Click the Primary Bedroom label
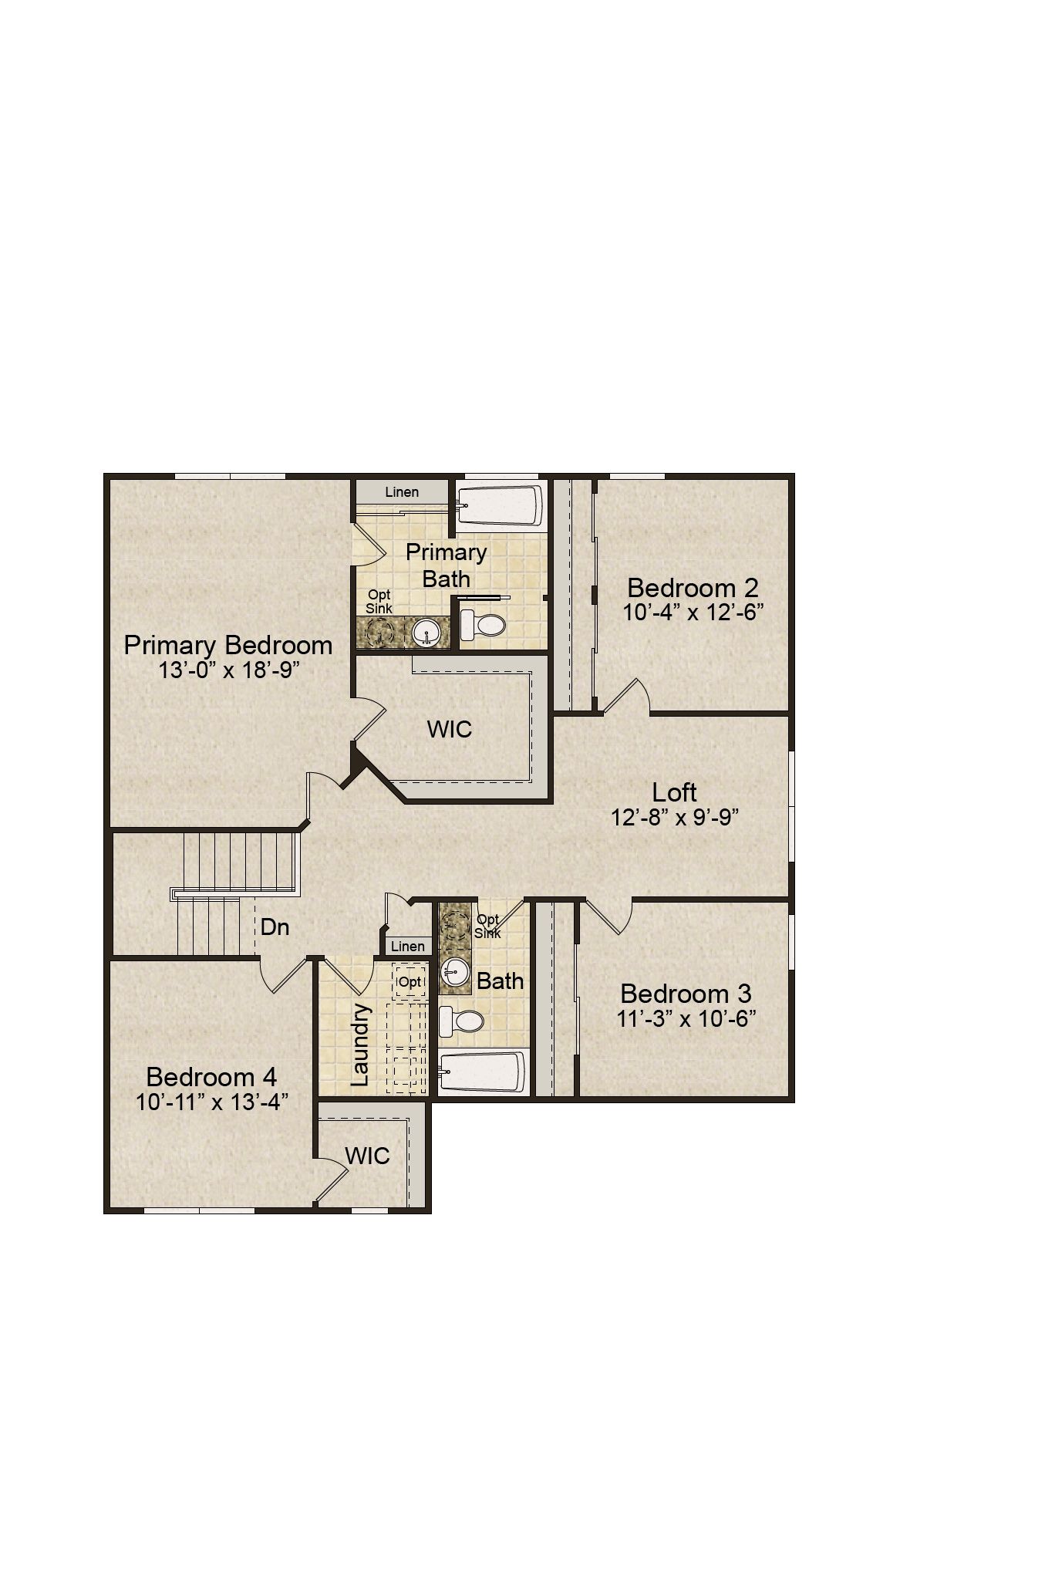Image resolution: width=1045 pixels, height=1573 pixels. point(228,645)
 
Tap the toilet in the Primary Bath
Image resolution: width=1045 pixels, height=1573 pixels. point(482,623)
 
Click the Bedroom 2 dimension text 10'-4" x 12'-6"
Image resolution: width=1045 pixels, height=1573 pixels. point(693,613)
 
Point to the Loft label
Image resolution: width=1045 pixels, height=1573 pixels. point(675,792)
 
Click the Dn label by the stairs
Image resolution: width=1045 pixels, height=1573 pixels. point(275,927)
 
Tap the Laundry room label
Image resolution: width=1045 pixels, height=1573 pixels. point(360,1044)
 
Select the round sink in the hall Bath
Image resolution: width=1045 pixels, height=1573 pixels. point(455,974)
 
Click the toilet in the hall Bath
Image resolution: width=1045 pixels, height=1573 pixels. point(461,1021)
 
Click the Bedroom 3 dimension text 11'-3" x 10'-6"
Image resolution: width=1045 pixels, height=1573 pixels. point(686,1018)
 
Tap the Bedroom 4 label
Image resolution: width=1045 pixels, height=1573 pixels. point(211,1077)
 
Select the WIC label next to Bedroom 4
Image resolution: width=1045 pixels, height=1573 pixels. point(367,1156)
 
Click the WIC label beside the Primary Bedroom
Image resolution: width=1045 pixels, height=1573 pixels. point(450,729)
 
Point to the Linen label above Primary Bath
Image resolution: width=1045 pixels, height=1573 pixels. point(402,491)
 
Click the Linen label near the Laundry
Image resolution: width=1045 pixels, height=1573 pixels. point(408,946)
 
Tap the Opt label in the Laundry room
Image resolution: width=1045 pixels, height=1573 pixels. point(410,981)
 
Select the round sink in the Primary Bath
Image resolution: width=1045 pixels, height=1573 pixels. point(426,633)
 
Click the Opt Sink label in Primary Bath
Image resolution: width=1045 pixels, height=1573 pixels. point(379,602)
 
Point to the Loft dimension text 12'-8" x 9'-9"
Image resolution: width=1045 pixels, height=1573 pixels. point(676,817)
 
